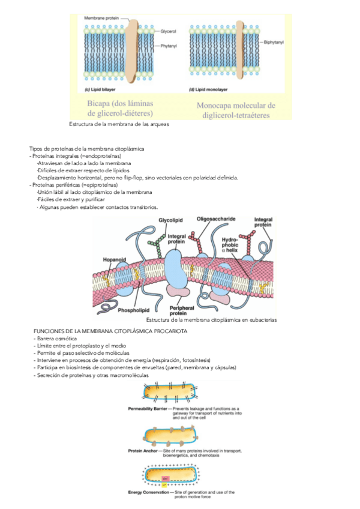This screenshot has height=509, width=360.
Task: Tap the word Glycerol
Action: [168, 30]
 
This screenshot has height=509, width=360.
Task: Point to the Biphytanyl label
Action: [274, 43]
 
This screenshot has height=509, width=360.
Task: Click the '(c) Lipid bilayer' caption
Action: [100, 89]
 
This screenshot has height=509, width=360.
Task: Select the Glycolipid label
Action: [170, 220]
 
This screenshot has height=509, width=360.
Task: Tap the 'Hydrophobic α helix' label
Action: [231, 244]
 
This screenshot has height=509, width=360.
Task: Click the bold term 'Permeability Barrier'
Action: [148, 408]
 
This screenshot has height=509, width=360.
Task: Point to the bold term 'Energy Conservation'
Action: [149, 492]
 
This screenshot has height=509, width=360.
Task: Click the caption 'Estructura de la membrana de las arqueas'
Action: [119, 124]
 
